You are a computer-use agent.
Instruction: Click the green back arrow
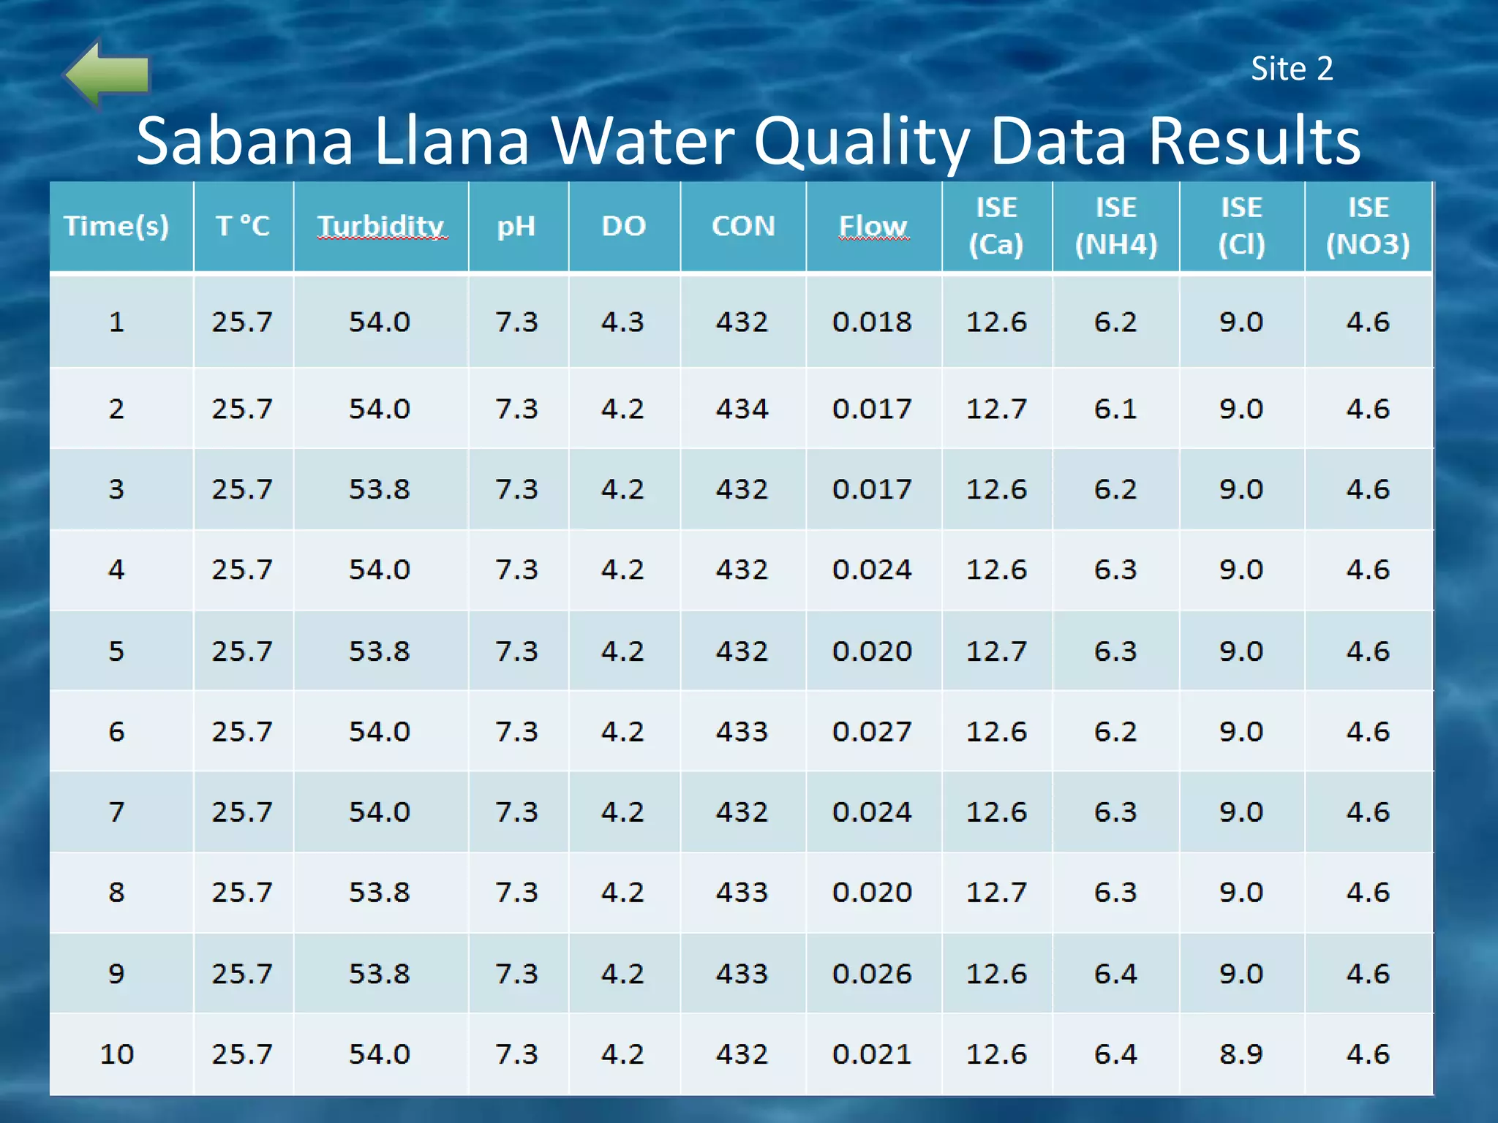[108, 73]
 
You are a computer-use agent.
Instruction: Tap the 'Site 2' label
[1292, 69]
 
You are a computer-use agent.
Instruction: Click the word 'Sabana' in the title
[245, 140]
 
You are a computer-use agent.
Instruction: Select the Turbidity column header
[380, 226]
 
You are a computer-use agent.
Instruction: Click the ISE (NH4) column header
[1115, 226]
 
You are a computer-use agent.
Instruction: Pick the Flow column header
[873, 226]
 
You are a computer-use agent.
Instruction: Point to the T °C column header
[243, 226]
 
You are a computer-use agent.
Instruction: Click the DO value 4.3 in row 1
[622, 322]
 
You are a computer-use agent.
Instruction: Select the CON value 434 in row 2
[742, 409]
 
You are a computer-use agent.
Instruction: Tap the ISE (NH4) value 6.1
[1115, 409]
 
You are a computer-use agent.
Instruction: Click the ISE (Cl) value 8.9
[1241, 1054]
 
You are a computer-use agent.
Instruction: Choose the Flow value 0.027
[872, 731]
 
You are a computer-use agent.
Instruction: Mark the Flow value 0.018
[872, 322]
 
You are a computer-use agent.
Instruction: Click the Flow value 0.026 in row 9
[872, 974]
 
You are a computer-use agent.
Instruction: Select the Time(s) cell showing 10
[117, 1054]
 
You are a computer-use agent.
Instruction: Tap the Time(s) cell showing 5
[117, 651]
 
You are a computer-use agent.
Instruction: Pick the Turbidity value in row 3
[379, 489]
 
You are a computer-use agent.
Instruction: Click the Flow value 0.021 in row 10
[872, 1054]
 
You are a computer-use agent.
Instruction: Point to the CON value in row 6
[742, 731]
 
